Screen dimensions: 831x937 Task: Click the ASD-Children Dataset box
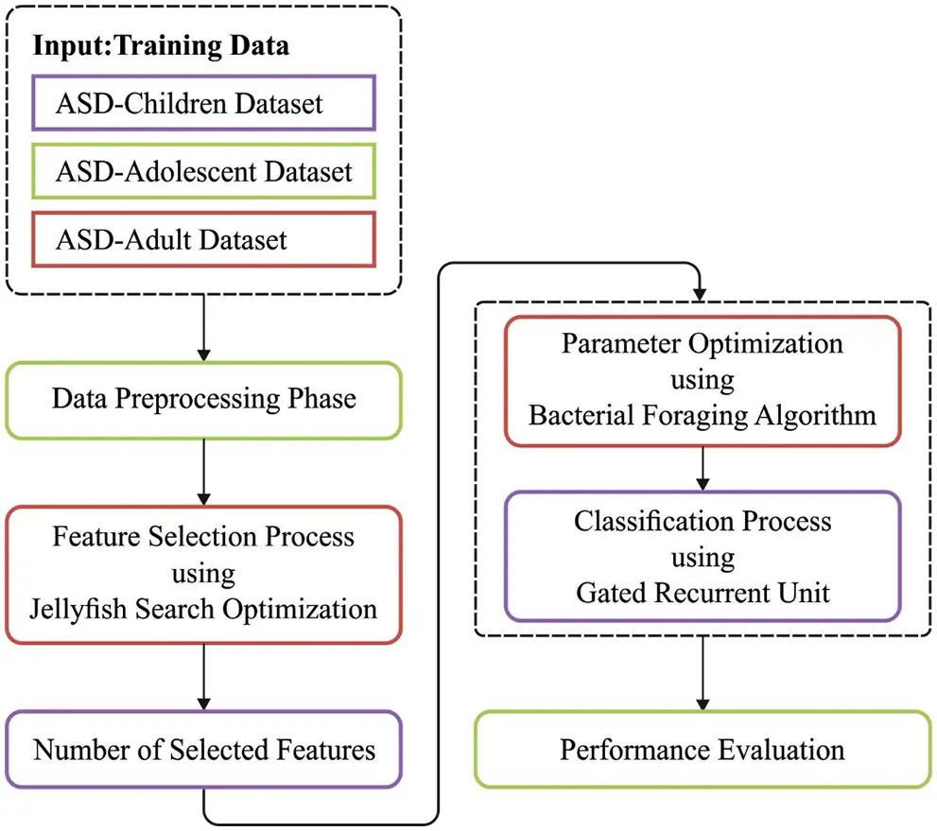click(x=204, y=102)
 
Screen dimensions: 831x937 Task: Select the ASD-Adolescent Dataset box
click(x=204, y=171)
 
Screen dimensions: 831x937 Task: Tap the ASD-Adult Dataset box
click(x=204, y=239)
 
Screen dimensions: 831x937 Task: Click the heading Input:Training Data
click(x=162, y=44)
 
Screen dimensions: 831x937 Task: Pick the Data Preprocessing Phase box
click(x=204, y=399)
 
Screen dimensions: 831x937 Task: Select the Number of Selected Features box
click(x=204, y=751)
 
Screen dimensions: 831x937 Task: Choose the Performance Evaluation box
click(x=702, y=751)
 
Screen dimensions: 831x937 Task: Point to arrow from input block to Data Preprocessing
click(x=204, y=326)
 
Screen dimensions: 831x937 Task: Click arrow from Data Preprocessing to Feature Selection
click(x=204, y=473)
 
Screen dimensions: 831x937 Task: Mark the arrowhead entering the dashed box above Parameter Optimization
click(x=702, y=294)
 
